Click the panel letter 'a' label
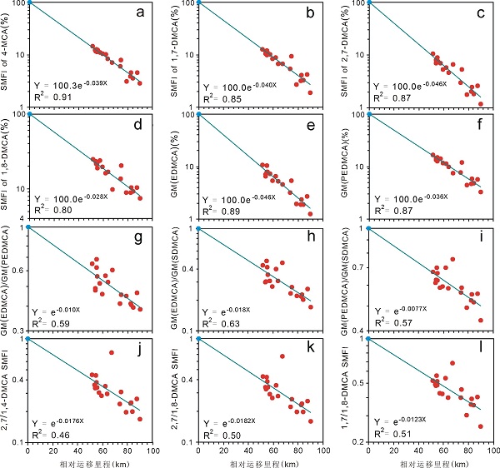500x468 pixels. click(145, 15)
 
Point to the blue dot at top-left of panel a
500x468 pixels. click(29, 2)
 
